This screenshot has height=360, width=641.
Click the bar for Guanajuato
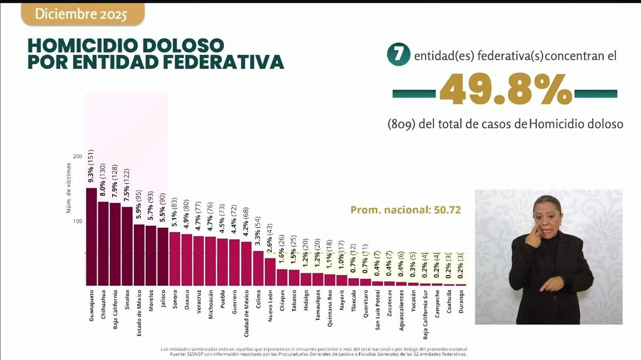point(91,237)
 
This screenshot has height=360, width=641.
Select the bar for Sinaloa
point(127,246)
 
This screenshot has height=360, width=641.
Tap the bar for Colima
point(258,268)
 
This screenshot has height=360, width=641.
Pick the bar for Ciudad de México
point(246,263)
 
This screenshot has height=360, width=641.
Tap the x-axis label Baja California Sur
point(425,315)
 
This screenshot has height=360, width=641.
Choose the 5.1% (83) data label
point(175,212)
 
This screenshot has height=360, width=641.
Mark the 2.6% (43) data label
point(270,238)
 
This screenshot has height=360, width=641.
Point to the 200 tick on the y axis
point(78,156)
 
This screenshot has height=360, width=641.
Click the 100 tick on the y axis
point(78,221)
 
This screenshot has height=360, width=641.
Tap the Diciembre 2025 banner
point(82,14)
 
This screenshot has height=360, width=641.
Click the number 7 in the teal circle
point(398,55)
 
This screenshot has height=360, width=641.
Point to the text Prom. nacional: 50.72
point(405,210)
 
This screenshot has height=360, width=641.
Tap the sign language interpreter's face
point(548,218)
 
